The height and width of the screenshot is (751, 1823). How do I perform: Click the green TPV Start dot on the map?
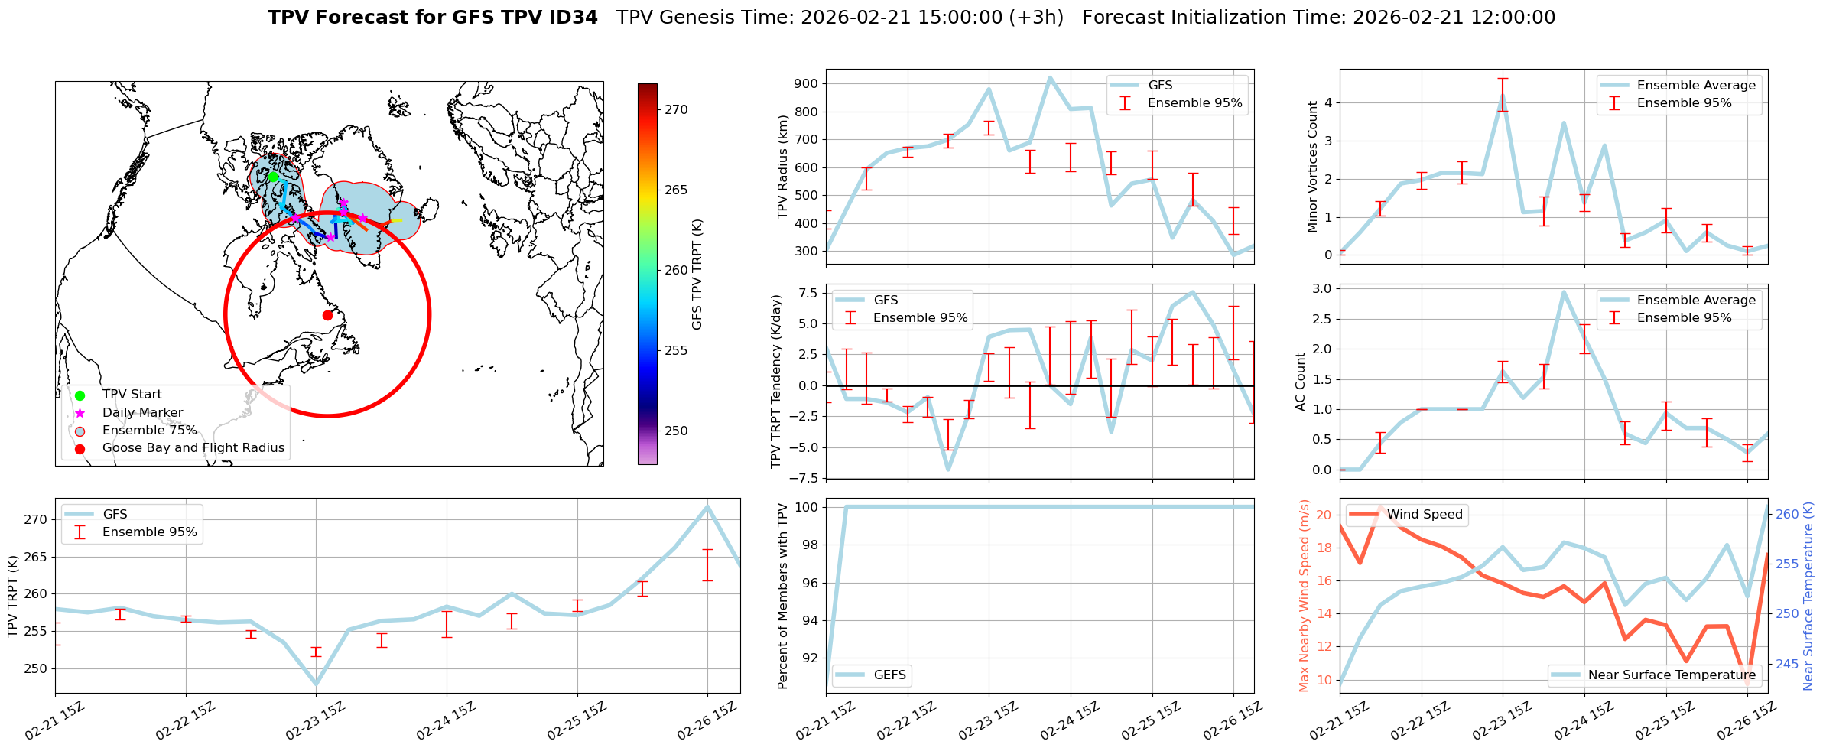point(273,177)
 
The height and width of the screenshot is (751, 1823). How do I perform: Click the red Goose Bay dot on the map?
point(327,315)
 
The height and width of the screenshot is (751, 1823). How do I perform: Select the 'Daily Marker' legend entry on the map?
point(142,412)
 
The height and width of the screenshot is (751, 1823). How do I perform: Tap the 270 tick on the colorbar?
point(676,109)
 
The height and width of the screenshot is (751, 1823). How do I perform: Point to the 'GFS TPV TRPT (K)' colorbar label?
point(697,274)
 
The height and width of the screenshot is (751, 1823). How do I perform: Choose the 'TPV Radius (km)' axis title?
point(782,167)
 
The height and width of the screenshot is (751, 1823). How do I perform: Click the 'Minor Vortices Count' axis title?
point(1313,167)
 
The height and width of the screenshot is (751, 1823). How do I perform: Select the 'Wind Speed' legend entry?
point(1424,514)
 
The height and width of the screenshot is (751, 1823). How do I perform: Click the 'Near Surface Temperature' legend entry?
point(1671,675)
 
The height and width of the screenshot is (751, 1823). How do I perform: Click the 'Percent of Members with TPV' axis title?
point(782,596)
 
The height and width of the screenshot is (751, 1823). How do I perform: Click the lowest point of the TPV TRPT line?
point(316,684)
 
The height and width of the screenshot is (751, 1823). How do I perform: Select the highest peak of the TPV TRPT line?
point(707,506)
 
